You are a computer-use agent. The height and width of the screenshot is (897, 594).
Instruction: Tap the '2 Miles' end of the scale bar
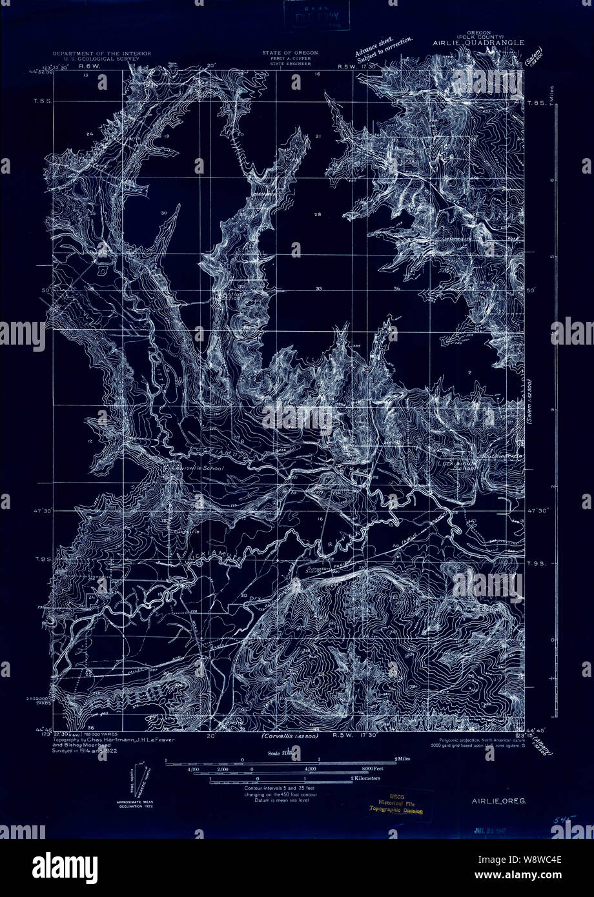point(404,759)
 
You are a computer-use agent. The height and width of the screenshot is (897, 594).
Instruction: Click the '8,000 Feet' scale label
point(373,769)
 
